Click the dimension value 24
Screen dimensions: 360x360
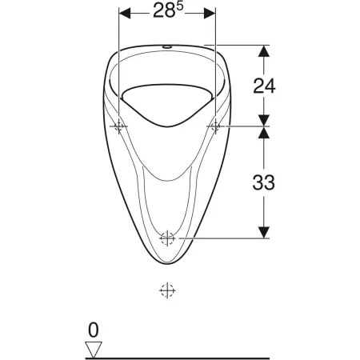264,86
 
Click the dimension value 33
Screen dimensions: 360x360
263,182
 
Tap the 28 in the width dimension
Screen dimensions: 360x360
164,11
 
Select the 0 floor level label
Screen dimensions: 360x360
94,330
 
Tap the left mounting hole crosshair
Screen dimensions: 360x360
118,126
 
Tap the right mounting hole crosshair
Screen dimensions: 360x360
215,126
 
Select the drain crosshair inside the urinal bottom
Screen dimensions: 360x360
167,238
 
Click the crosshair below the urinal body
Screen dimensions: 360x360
167,290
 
